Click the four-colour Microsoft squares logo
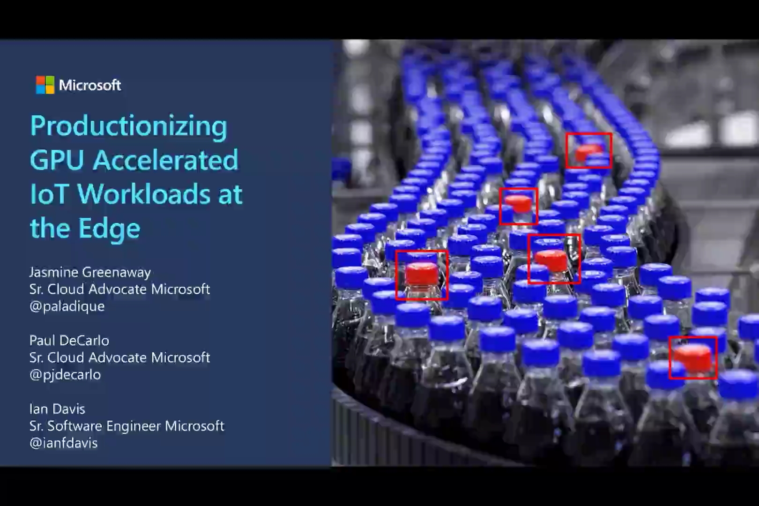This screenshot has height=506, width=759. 45,85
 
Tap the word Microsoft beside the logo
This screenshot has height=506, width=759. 90,85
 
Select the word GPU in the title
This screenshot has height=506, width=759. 57,160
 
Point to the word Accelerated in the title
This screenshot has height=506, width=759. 165,160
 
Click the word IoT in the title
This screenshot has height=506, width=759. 48,194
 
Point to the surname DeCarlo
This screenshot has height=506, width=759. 85,341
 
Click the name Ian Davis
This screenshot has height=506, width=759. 57,409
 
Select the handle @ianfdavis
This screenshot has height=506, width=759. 64,443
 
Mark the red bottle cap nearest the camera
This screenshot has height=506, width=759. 692,357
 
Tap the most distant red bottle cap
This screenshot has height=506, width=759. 588,152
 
